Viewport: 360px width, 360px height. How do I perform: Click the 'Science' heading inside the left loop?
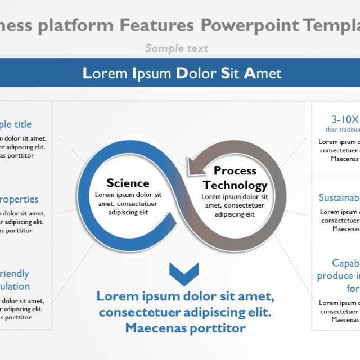click(128, 183)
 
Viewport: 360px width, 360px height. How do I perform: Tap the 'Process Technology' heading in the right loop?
click(235, 178)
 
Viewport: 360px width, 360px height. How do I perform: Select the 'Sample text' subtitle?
click(177, 48)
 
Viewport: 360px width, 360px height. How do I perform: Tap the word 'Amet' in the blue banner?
click(263, 73)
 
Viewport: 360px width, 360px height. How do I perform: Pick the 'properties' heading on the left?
click(19, 199)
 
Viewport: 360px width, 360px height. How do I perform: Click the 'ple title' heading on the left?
click(15, 124)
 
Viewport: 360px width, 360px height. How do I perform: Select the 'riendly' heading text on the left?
click(14, 274)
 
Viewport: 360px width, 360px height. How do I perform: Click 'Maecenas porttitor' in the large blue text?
click(185, 328)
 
